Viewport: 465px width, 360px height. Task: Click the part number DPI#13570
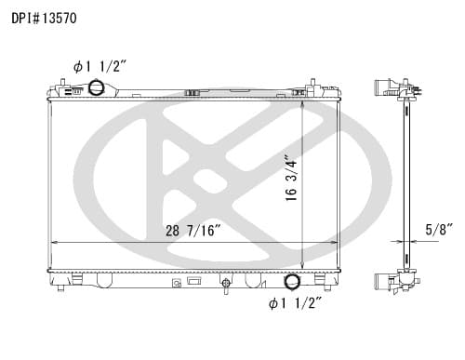[x=44, y=19]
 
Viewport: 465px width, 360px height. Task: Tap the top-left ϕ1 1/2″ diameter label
[x=100, y=66]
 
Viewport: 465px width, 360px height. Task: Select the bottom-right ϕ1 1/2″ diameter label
[x=296, y=303]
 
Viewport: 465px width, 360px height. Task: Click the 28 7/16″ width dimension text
[x=193, y=231]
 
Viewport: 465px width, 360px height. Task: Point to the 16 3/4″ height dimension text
[x=291, y=178]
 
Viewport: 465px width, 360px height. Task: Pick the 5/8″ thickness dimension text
[x=439, y=230]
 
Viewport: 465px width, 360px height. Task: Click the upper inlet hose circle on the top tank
[x=96, y=87]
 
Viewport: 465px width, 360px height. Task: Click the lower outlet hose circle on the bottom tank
[x=292, y=282]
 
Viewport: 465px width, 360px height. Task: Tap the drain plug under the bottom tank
[x=226, y=285]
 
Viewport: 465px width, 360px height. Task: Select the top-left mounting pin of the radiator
[x=62, y=83]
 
